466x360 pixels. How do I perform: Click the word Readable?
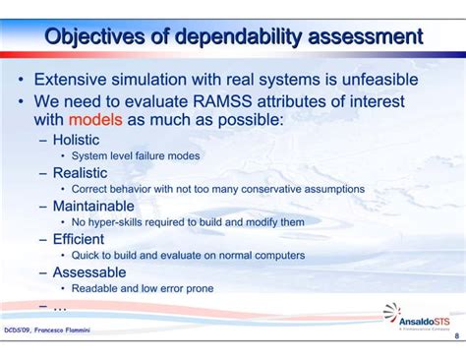point(97,288)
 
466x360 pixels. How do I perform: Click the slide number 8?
point(456,335)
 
